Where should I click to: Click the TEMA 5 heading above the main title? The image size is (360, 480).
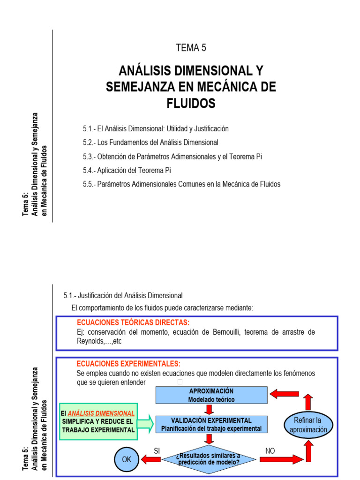pyautogui.click(x=191, y=47)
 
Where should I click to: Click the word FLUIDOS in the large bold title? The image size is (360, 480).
pyautogui.click(x=191, y=103)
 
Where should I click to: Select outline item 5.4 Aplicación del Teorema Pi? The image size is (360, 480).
pyautogui.click(x=130, y=170)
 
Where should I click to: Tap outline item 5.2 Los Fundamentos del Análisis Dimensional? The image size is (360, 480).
pyautogui.click(x=150, y=142)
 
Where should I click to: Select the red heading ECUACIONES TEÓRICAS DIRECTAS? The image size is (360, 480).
pyautogui.click(x=133, y=323)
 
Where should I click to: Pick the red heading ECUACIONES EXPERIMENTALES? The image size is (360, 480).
pyautogui.click(x=128, y=364)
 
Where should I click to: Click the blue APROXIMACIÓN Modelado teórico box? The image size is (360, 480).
pyautogui.click(x=211, y=395)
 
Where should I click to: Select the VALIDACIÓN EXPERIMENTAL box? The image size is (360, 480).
pyautogui.click(x=211, y=424)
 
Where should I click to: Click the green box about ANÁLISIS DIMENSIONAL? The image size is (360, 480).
pyautogui.click(x=98, y=421)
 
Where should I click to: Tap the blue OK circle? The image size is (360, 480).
pyautogui.click(x=127, y=459)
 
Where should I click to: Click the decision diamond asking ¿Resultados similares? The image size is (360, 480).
pyautogui.click(x=208, y=459)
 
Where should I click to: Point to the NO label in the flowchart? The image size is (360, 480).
pyautogui.click(x=270, y=450)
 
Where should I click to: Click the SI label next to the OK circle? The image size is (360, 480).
pyautogui.click(x=157, y=450)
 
